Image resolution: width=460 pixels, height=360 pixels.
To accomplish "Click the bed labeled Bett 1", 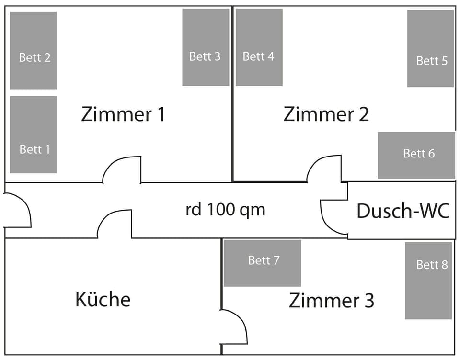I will pyautogui.click(x=33, y=135).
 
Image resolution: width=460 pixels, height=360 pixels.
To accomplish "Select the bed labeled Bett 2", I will pyautogui.click(x=33, y=50).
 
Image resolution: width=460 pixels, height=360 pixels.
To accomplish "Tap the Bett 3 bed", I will pyautogui.click(x=206, y=47).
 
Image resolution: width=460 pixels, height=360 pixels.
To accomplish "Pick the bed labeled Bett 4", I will pyautogui.click(x=259, y=47).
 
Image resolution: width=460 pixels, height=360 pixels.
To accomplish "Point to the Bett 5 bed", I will pyautogui.click(x=430, y=48).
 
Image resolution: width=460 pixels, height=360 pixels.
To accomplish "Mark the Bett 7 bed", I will pyautogui.click(x=262, y=263).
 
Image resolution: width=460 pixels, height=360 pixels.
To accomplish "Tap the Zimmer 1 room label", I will pyautogui.click(x=123, y=114).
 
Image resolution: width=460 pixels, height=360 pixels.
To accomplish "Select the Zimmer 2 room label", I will pyautogui.click(x=326, y=114).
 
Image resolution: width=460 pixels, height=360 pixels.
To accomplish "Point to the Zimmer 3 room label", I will pyautogui.click(x=332, y=301).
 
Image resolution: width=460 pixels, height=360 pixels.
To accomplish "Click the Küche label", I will pyautogui.click(x=103, y=299).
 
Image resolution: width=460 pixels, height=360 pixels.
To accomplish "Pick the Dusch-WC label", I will pyautogui.click(x=403, y=211).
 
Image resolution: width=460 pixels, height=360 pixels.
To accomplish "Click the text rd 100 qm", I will pyautogui.click(x=225, y=210).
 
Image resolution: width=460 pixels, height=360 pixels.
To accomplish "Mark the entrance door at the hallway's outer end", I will pyautogui.click(x=16, y=210).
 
